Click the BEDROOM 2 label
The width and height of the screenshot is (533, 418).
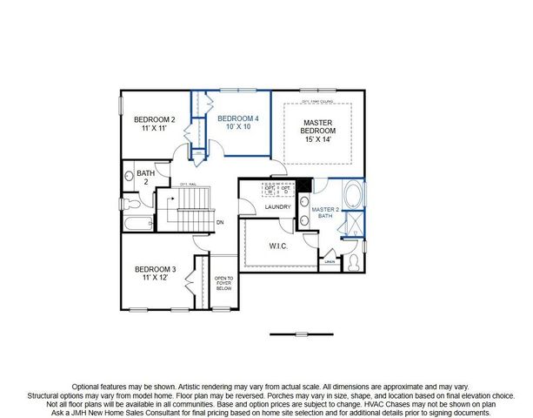(x=155, y=119)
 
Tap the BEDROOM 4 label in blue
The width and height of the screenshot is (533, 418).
(x=238, y=118)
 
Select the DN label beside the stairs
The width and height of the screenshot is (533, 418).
(x=222, y=221)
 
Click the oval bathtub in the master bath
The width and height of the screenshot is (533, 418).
(x=356, y=193)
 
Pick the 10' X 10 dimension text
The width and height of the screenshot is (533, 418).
(x=238, y=126)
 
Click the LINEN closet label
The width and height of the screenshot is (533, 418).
(x=330, y=261)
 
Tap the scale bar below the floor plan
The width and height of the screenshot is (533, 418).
(x=296, y=334)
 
